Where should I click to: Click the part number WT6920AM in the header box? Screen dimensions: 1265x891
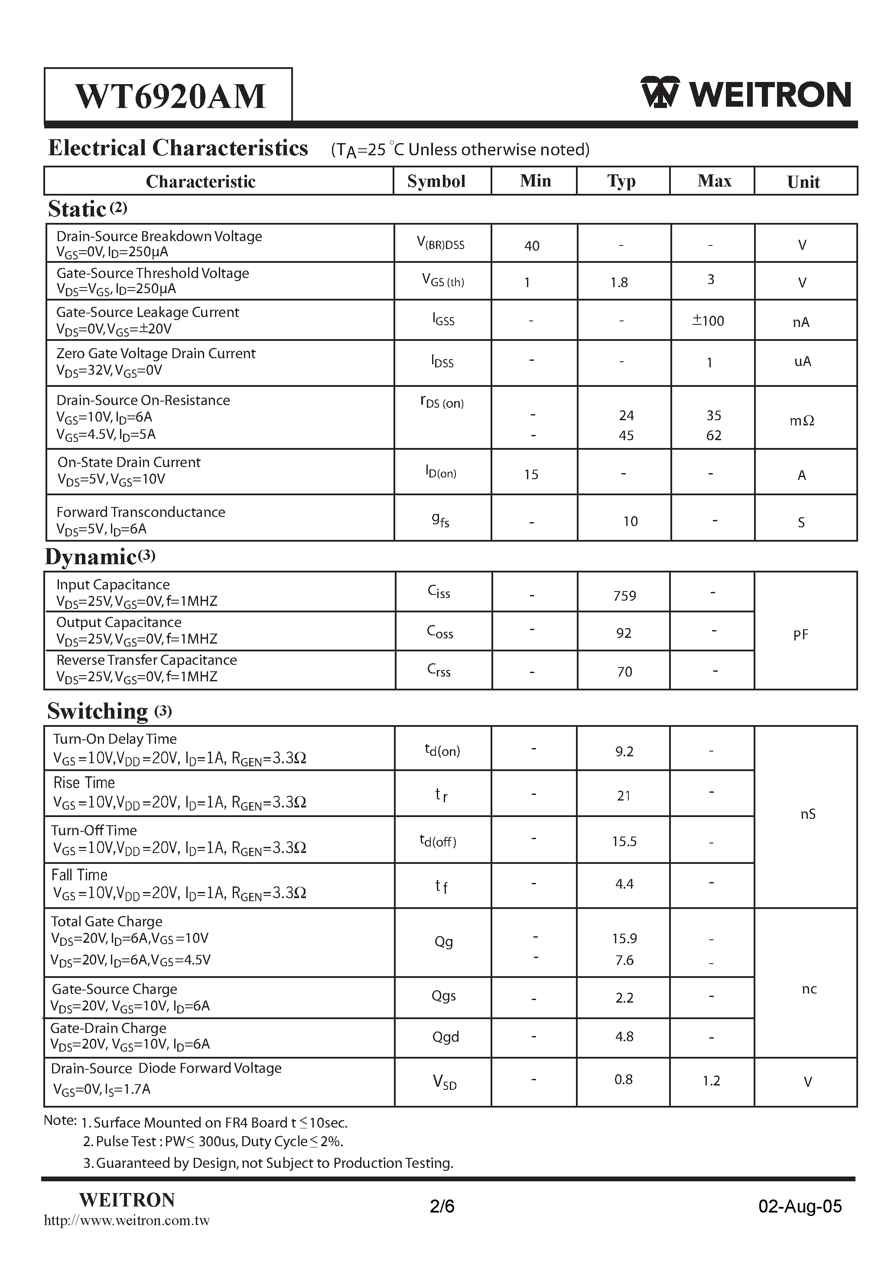[170, 96]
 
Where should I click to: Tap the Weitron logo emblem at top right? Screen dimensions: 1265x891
[659, 92]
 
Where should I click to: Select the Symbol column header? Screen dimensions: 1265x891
[436, 181]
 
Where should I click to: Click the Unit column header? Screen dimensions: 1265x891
[803, 182]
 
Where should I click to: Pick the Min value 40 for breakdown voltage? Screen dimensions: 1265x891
[531, 246]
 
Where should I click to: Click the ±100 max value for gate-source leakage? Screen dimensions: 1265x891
[708, 320]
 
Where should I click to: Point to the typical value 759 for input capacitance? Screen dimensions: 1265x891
[624, 595]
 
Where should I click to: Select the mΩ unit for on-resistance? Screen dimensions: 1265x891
[801, 420]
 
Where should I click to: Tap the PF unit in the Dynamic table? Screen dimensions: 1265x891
[800, 635]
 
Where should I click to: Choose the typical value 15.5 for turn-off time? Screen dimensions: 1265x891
[624, 841]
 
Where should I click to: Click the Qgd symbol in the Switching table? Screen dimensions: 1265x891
[445, 1037]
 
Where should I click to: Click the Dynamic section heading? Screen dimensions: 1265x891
[91, 556]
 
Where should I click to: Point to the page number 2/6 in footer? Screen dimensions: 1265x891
[442, 1206]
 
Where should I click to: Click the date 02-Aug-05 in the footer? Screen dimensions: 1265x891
[800, 1206]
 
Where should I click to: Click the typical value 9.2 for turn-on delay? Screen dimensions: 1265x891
[624, 752]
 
